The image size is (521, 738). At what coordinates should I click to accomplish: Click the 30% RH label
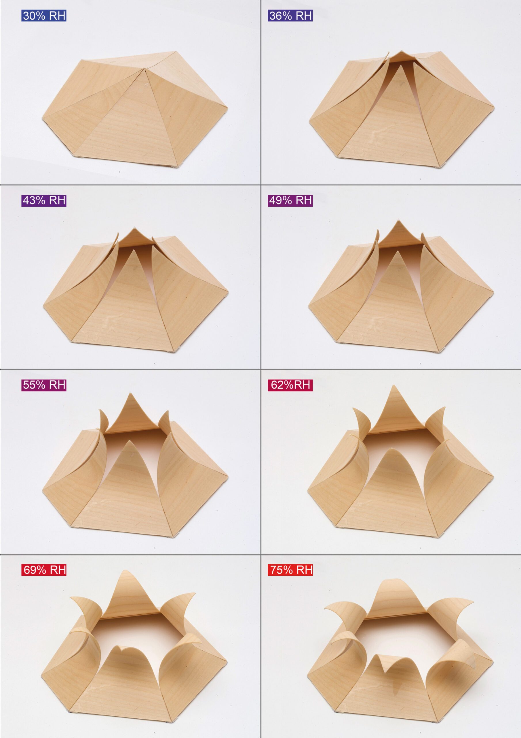pyautogui.click(x=44, y=16)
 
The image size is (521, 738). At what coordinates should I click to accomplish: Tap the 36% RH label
pyautogui.click(x=290, y=16)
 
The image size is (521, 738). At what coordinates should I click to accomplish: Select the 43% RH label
pyautogui.click(x=44, y=201)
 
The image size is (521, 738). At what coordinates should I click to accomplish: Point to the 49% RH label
pyautogui.click(x=290, y=201)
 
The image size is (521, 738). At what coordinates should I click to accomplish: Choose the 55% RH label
pyautogui.click(x=44, y=385)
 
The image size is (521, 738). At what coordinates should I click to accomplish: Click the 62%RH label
pyautogui.click(x=290, y=385)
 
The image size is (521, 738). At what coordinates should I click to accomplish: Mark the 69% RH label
pyautogui.click(x=44, y=570)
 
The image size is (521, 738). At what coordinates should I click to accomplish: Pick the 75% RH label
pyautogui.click(x=290, y=570)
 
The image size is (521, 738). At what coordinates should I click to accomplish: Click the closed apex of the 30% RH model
pyautogui.click(x=144, y=68)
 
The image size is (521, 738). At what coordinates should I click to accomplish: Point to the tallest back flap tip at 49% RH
pyautogui.click(x=399, y=220)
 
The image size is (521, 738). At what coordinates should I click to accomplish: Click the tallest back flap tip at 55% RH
pyautogui.click(x=130, y=394)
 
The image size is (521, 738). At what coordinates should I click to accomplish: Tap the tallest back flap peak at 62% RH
pyautogui.click(x=394, y=386)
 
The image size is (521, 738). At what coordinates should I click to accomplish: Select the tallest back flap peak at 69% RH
pyautogui.click(x=125, y=571)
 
